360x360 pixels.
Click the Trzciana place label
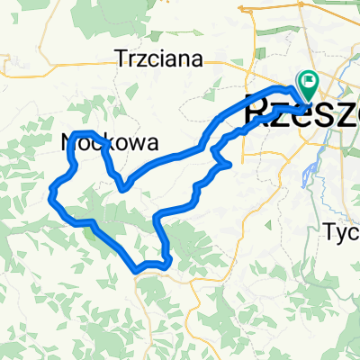(157, 59)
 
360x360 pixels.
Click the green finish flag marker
(309, 84)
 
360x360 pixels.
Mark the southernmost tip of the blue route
(136, 269)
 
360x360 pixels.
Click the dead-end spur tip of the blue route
(232, 166)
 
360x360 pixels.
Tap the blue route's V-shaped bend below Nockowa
(124, 187)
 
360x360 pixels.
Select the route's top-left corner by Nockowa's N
(73, 134)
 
